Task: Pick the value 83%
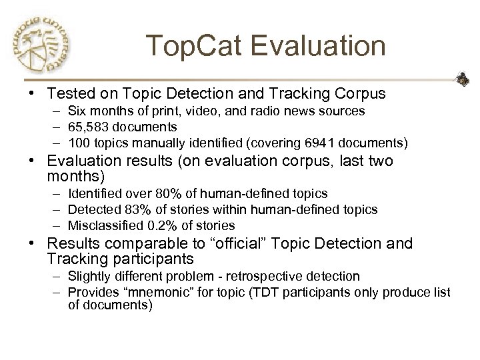pyautogui.click(x=131, y=209)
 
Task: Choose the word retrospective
pyautogui.click(x=285, y=276)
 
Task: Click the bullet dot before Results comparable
pyautogui.click(x=31, y=244)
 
